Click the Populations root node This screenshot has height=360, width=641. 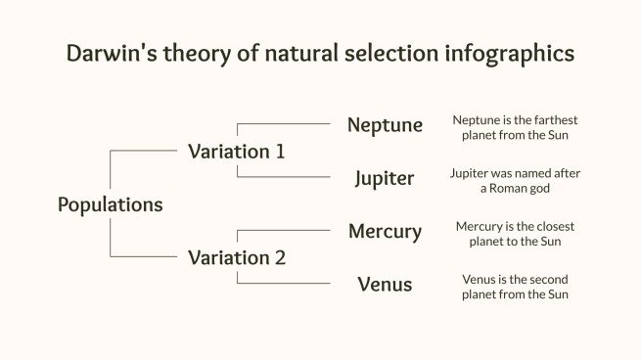[110, 204]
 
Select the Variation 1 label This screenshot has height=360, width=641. [237, 152]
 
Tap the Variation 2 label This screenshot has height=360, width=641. [237, 258]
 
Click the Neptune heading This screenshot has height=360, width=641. [385, 125]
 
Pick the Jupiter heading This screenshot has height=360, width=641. [385, 178]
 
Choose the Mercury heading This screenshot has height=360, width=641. [385, 232]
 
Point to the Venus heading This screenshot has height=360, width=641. [385, 285]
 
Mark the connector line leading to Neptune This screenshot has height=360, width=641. [284, 124]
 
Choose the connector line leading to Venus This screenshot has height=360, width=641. [284, 284]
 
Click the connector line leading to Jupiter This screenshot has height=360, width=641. [284, 177]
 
